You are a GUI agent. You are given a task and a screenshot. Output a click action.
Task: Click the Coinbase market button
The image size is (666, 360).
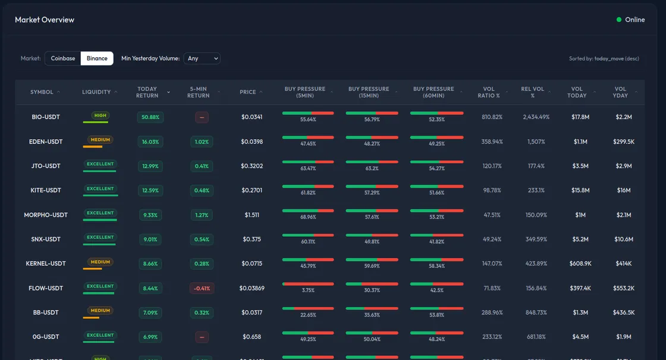[63, 58]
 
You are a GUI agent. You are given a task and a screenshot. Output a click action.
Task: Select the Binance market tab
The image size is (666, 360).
[97, 58]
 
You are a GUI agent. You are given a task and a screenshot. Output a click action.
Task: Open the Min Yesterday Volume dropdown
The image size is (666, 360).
[202, 58]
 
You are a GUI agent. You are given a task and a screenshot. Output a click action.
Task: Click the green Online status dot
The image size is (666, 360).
[619, 20]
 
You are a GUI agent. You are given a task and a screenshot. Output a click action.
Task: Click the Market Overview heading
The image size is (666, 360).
[45, 20]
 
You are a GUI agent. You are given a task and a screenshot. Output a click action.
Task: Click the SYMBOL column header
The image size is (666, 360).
[42, 92]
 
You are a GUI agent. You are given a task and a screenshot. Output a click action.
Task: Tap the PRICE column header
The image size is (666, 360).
[248, 92]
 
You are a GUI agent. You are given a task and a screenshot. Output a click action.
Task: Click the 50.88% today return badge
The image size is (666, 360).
[150, 117]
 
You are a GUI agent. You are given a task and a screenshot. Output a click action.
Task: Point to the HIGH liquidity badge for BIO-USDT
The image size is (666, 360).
[100, 115]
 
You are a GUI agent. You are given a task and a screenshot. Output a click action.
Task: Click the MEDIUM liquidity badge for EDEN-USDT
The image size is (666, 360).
[100, 140]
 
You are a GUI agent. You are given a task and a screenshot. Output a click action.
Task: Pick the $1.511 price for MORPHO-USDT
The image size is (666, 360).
[252, 215]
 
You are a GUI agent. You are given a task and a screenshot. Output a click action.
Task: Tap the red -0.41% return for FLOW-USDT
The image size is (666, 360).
[202, 289]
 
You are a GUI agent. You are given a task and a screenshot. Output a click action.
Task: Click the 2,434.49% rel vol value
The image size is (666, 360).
[536, 117]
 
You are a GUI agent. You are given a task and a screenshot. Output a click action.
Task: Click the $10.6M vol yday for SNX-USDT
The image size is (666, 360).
[624, 239]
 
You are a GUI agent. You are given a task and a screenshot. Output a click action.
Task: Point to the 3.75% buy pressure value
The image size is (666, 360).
[308, 290]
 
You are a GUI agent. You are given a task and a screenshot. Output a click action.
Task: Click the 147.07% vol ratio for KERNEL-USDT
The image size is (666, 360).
[492, 264]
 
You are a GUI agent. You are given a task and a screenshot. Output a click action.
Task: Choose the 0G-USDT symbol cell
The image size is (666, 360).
[46, 337]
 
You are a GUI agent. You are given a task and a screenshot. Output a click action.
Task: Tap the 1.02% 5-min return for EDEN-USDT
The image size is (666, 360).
[202, 142]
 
